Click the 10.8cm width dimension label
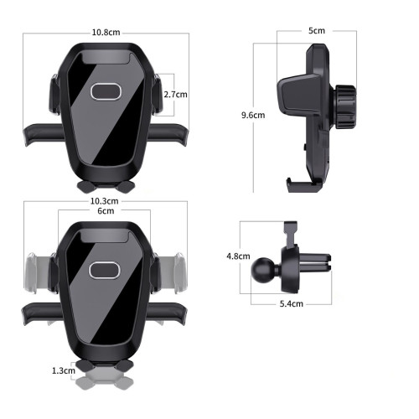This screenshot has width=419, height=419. pyautogui.click(x=106, y=33)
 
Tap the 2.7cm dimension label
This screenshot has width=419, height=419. pyautogui.click(x=175, y=95)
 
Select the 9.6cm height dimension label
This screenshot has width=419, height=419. pyautogui.click(x=253, y=115)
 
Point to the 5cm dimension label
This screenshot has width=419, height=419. pyautogui.click(x=317, y=31)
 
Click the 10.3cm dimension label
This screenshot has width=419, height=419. pyautogui.click(x=104, y=201)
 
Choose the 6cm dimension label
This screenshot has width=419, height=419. pyautogui.click(x=106, y=211)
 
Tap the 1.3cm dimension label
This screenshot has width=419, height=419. pyautogui.click(x=64, y=370)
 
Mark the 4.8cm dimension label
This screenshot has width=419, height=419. pyautogui.click(x=238, y=256)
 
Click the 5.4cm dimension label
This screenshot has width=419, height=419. pyautogui.click(x=292, y=303)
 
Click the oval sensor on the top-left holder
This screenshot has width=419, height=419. pyautogui.click(x=106, y=91)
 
